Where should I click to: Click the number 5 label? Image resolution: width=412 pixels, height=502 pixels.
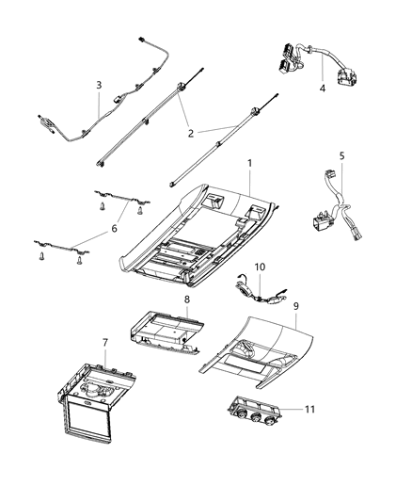click(341, 156)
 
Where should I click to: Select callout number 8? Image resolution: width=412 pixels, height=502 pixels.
click(186, 300)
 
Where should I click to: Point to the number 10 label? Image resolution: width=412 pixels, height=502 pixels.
click(261, 268)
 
